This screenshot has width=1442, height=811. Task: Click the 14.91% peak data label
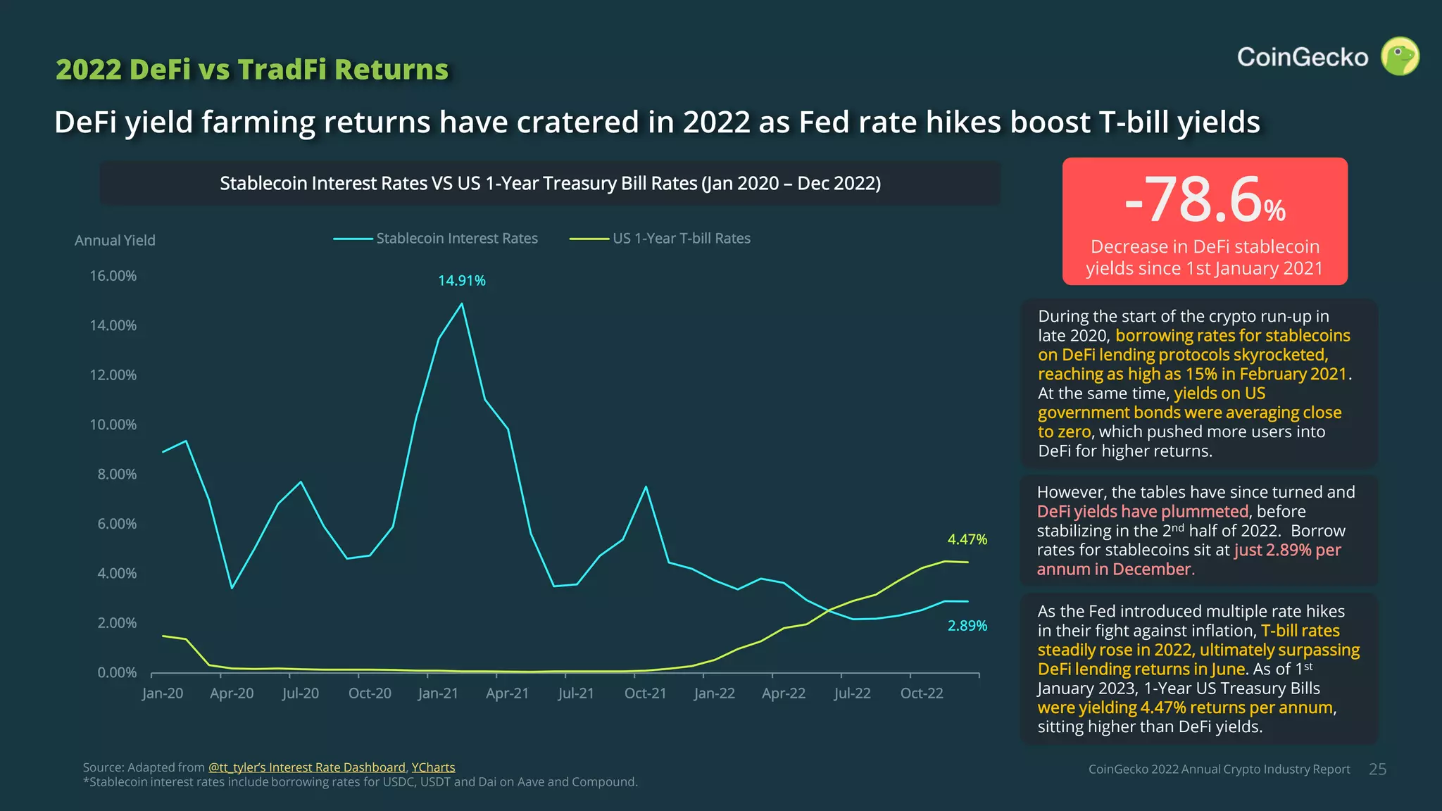tap(462, 281)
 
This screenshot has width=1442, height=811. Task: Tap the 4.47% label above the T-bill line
tap(967, 540)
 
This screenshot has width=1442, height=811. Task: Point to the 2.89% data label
tap(967, 626)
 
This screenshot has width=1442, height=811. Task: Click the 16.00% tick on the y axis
tap(113, 276)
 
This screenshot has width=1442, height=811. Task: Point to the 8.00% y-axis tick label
tap(116, 474)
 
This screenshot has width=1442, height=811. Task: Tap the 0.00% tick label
tap(116, 673)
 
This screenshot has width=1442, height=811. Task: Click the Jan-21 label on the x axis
tap(438, 693)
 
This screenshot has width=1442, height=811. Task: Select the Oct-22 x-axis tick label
tap(921, 693)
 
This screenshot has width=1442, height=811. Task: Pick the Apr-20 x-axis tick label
tap(232, 693)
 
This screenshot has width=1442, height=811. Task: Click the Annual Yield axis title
tap(115, 241)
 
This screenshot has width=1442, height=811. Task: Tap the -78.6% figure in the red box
tap(1204, 201)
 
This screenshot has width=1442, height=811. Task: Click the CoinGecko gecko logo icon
tap(1400, 56)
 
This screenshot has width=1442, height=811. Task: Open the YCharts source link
tap(433, 767)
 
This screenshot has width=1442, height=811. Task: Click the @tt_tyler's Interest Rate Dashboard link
tap(306, 767)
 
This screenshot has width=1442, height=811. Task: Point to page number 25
tap(1377, 769)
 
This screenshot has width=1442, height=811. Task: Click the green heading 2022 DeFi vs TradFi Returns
tap(251, 70)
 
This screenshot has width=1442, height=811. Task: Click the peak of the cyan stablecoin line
tap(462, 304)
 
